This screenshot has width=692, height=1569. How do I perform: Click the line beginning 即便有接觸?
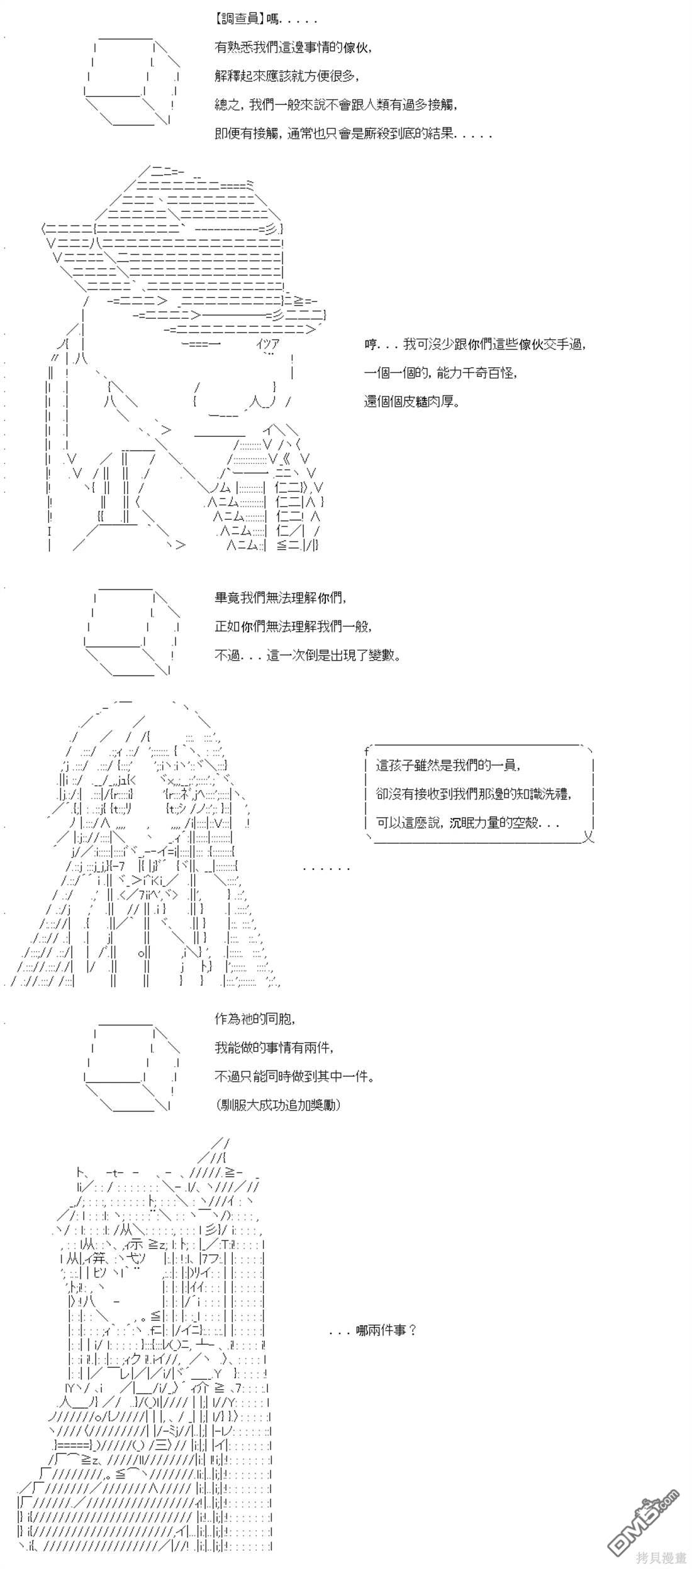pos(353,134)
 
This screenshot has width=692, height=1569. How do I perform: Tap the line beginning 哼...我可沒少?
pos(476,344)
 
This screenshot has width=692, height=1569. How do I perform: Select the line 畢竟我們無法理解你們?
pos(281,597)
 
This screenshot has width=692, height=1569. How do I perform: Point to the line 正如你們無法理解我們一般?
pos(293,626)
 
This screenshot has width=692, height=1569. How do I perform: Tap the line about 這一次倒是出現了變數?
pos(308,655)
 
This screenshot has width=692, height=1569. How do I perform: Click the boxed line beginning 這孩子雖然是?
pos(449,765)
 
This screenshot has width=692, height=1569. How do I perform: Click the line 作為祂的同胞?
pos(255,1018)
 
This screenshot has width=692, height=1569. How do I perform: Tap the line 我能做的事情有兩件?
pos(274,1047)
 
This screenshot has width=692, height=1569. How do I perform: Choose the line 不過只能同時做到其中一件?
pos(294,1076)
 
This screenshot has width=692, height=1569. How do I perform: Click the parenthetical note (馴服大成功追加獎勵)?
pos(277,1105)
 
